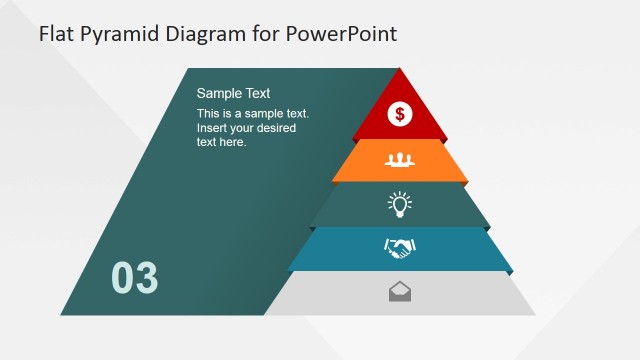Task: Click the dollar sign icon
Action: tap(400, 114)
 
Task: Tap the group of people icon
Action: tap(400, 159)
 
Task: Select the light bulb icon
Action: tap(400, 204)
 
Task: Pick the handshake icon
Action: tap(400, 248)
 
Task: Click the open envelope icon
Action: tap(400, 292)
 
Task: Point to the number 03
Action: tap(134, 278)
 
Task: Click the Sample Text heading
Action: tap(233, 93)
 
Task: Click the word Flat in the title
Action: tap(55, 34)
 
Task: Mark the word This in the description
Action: tap(209, 114)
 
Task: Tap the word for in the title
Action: tap(264, 34)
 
